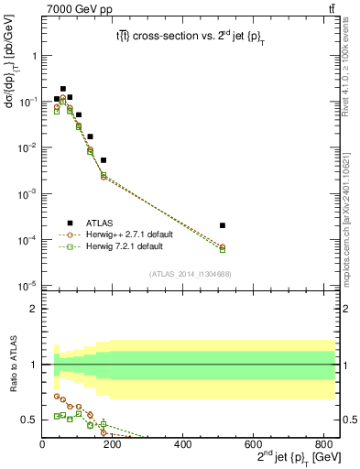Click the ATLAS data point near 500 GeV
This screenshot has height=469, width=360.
(x=223, y=225)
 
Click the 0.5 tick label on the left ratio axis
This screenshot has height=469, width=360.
(x=30, y=420)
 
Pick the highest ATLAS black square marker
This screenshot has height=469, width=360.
(x=63, y=89)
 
